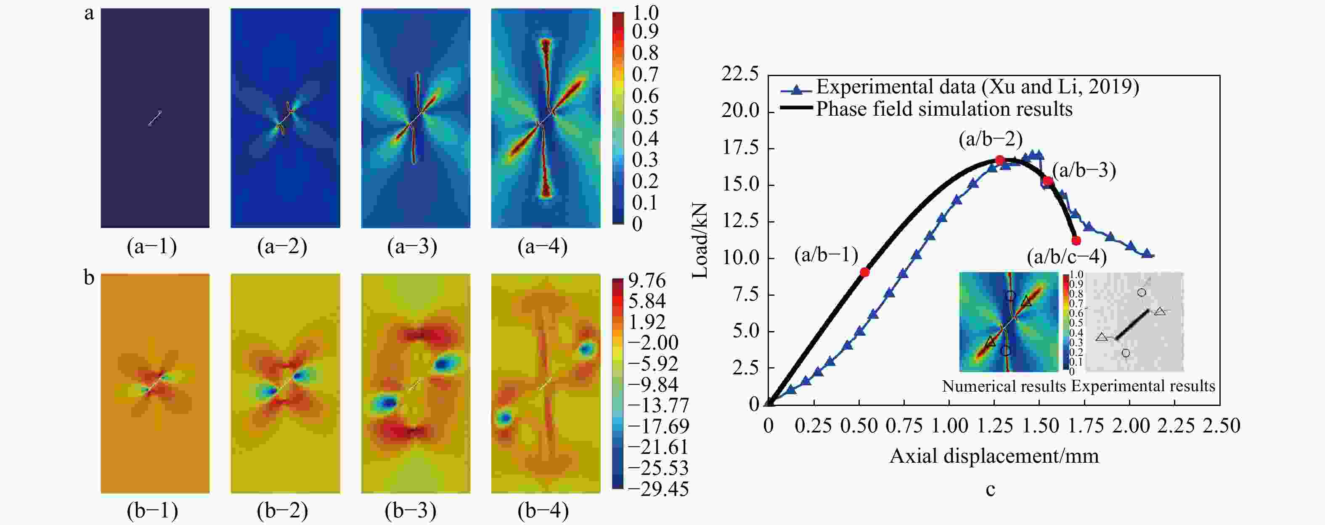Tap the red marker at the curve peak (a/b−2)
tap(999, 160)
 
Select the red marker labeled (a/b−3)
tap(1048, 181)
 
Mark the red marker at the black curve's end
tap(1076, 240)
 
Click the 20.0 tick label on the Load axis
tap(740, 111)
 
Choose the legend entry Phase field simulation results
tap(944, 109)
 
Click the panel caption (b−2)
tap(282, 510)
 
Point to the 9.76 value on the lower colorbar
tap(647, 281)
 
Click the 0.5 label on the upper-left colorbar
tap(644, 117)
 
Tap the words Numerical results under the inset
tap(1004, 386)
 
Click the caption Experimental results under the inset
tap(1143, 386)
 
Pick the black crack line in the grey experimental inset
tap(1133, 324)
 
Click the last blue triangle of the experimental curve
tap(1147, 254)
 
